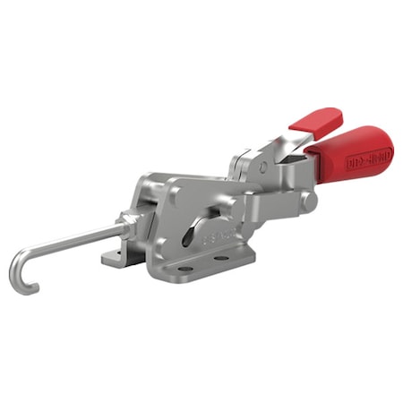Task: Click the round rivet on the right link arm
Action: [x=308, y=201]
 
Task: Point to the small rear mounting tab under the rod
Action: [x=112, y=259]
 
